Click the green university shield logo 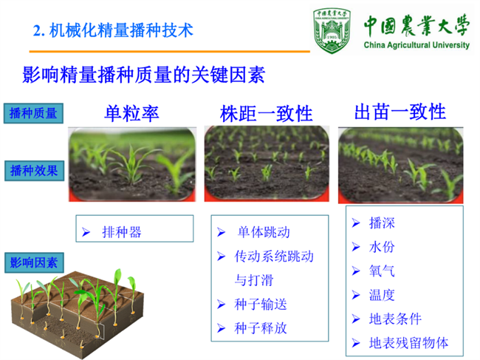coord(332,30)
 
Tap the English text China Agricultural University coord(416,45)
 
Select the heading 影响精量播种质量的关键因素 coord(143,75)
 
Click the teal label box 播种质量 coord(33,113)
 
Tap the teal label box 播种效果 coord(34,171)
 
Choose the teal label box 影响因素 coord(34,262)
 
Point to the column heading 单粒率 coord(131,113)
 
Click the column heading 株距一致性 coord(266,114)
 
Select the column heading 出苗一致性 coord(400,112)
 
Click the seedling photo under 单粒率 coord(132,165)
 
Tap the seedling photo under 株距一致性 coord(267,163)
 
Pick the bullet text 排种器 coord(122,232)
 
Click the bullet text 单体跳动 coord(264,232)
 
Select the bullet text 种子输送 coord(261,305)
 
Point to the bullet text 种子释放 coord(261,328)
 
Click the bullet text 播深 coord(382,223)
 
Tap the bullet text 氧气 coord(382,271)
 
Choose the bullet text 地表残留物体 coord(408,343)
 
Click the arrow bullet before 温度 coord(356,295)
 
